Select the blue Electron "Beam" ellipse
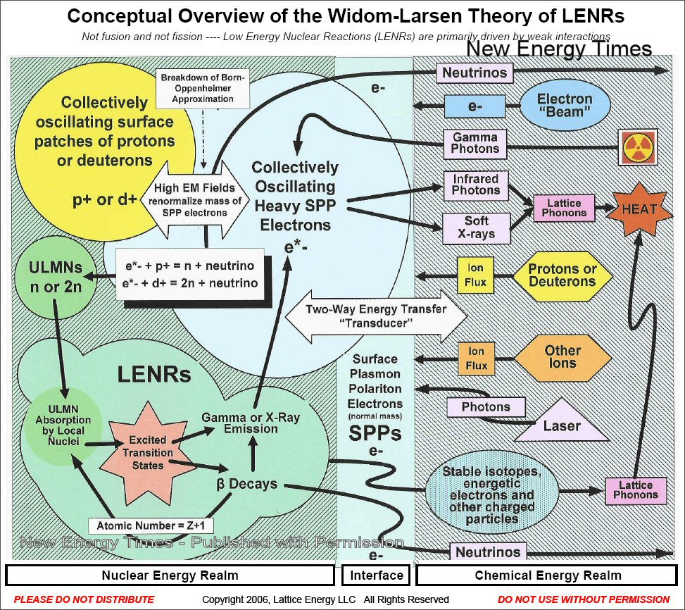pos(565,106)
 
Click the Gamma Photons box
pos(476,143)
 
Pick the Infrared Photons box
pos(476,185)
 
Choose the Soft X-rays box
pos(476,227)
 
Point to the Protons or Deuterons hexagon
pos(562,275)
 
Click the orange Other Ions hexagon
pos(562,357)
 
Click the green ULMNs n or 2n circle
pos(55,278)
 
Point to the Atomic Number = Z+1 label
pos(151,526)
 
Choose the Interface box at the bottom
pos(377,575)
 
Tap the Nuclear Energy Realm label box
pos(170,575)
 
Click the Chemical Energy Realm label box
pos(548,575)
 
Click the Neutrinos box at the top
pos(475,73)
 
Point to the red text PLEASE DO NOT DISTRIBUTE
pos(84,599)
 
